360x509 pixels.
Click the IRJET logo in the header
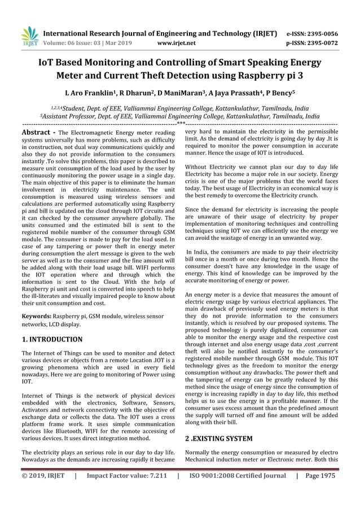(29, 37)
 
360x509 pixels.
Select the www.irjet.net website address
(177, 42)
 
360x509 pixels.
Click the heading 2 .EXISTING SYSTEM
(219, 438)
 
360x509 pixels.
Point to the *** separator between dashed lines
(180, 123)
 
